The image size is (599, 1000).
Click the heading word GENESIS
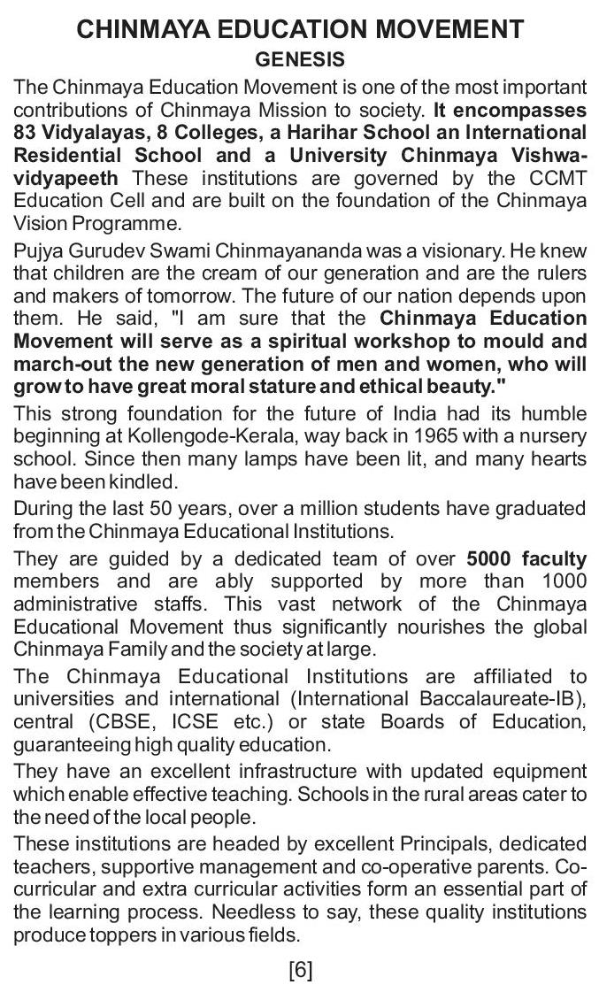pyautogui.click(x=300, y=60)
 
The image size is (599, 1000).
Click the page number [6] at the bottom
pyautogui.click(x=301, y=970)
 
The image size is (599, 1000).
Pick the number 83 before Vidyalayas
pyautogui.click(x=27, y=133)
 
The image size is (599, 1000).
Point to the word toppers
pyautogui.click(x=123, y=935)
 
